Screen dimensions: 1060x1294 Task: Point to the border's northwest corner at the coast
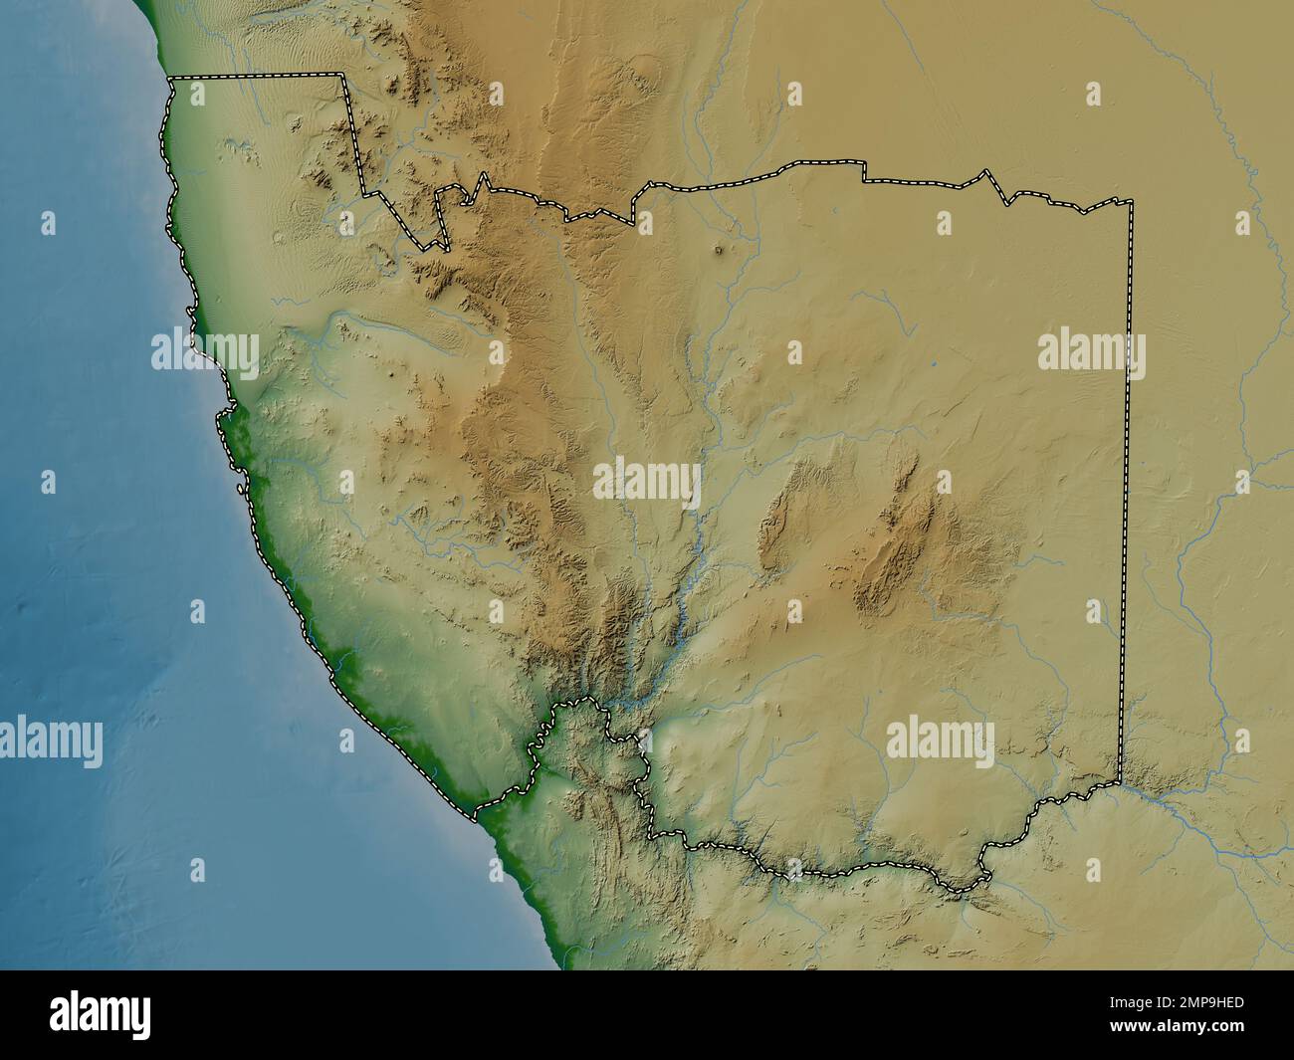click(170, 78)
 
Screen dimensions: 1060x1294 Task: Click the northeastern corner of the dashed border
click(1131, 202)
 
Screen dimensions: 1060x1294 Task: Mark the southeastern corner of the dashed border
click(1120, 782)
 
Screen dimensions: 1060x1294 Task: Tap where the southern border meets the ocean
click(474, 818)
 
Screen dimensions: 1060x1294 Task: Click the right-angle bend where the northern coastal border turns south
click(344, 76)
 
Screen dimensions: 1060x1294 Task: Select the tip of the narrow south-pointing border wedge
click(434, 247)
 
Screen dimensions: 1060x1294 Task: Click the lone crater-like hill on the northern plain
click(720, 252)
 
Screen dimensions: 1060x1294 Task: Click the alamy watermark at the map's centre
click(647, 482)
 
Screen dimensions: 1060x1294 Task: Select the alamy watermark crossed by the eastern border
click(1091, 352)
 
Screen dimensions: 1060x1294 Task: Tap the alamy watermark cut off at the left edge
click(50, 742)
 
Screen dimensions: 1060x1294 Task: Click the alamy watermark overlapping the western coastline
click(205, 351)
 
